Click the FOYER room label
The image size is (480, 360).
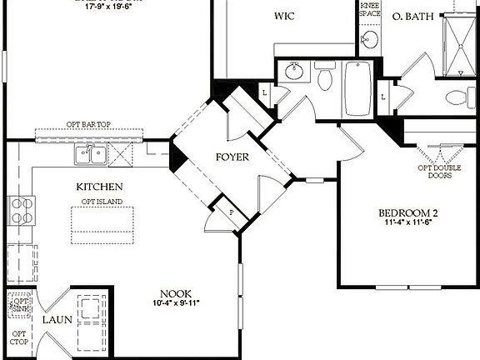(232, 157)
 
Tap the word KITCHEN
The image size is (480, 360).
(100, 187)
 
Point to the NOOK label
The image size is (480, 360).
(177, 293)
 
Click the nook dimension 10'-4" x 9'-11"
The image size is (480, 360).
(177, 304)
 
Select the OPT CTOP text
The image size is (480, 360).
(18, 337)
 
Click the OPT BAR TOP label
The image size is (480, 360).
(89, 125)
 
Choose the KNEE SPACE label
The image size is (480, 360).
(369, 10)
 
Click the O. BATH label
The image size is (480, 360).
(412, 16)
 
